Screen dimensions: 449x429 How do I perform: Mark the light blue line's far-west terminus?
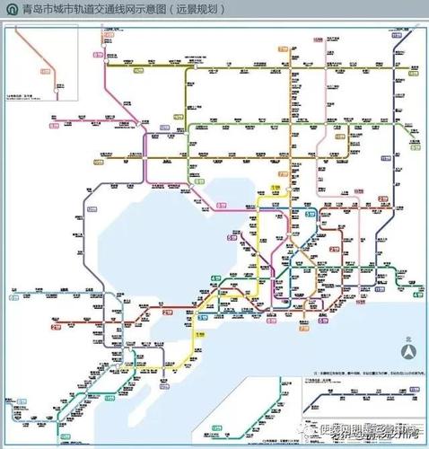(13, 293)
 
